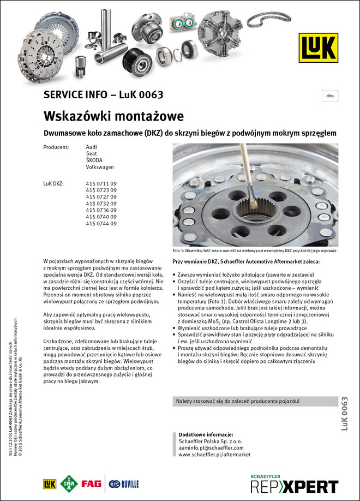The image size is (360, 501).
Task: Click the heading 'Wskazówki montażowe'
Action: [113, 116]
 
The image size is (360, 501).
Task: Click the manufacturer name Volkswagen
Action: [100, 167]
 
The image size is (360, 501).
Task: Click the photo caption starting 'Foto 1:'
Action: [254, 250]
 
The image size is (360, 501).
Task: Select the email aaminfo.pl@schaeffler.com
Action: [212, 447]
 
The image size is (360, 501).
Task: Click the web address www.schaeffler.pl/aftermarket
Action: [214, 454]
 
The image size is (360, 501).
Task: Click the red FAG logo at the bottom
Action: [91, 484]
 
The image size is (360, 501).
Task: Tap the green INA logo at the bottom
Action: [69, 484]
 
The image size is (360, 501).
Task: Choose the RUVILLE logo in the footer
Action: [124, 484]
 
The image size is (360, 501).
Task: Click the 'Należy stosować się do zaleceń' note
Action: [237, 401]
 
